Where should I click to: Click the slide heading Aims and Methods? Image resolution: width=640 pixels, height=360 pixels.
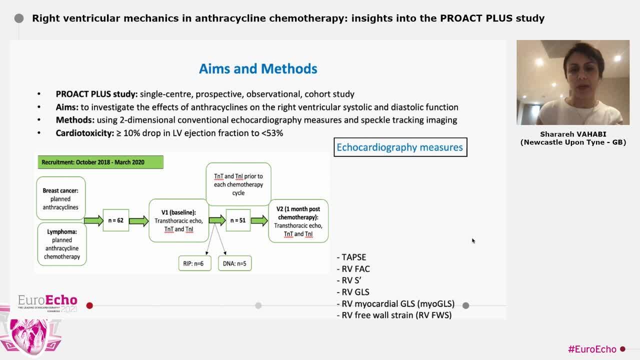258,68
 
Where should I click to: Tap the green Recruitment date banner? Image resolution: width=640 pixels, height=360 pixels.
100,162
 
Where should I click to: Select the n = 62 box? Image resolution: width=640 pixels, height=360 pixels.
116,220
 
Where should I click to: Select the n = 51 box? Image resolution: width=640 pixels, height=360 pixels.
238,220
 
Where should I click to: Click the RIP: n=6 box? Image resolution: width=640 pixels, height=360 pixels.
194,263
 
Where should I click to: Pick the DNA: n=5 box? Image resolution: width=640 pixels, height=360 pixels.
234,263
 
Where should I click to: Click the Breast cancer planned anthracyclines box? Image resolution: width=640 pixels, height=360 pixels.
60,198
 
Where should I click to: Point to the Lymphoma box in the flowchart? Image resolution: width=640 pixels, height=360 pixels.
62,244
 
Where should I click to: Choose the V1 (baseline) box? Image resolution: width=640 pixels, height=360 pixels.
178,220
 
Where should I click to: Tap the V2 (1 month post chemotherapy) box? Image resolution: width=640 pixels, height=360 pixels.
298,221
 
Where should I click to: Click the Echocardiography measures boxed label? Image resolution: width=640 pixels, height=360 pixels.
400,147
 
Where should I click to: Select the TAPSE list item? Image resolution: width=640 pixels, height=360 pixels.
353,257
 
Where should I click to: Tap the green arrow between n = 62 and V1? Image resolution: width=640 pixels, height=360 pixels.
138,220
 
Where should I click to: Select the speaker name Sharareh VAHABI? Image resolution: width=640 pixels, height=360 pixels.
573,134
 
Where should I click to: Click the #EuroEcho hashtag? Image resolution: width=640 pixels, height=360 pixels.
592,349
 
